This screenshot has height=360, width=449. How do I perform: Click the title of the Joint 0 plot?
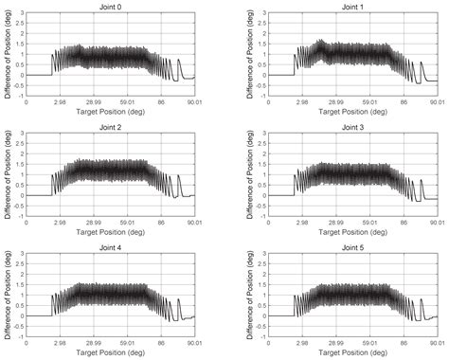point(110,6)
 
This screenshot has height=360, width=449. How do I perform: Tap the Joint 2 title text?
point(110,127)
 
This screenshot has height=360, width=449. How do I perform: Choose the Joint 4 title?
point(110,247)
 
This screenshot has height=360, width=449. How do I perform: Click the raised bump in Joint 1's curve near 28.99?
point(320,44)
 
